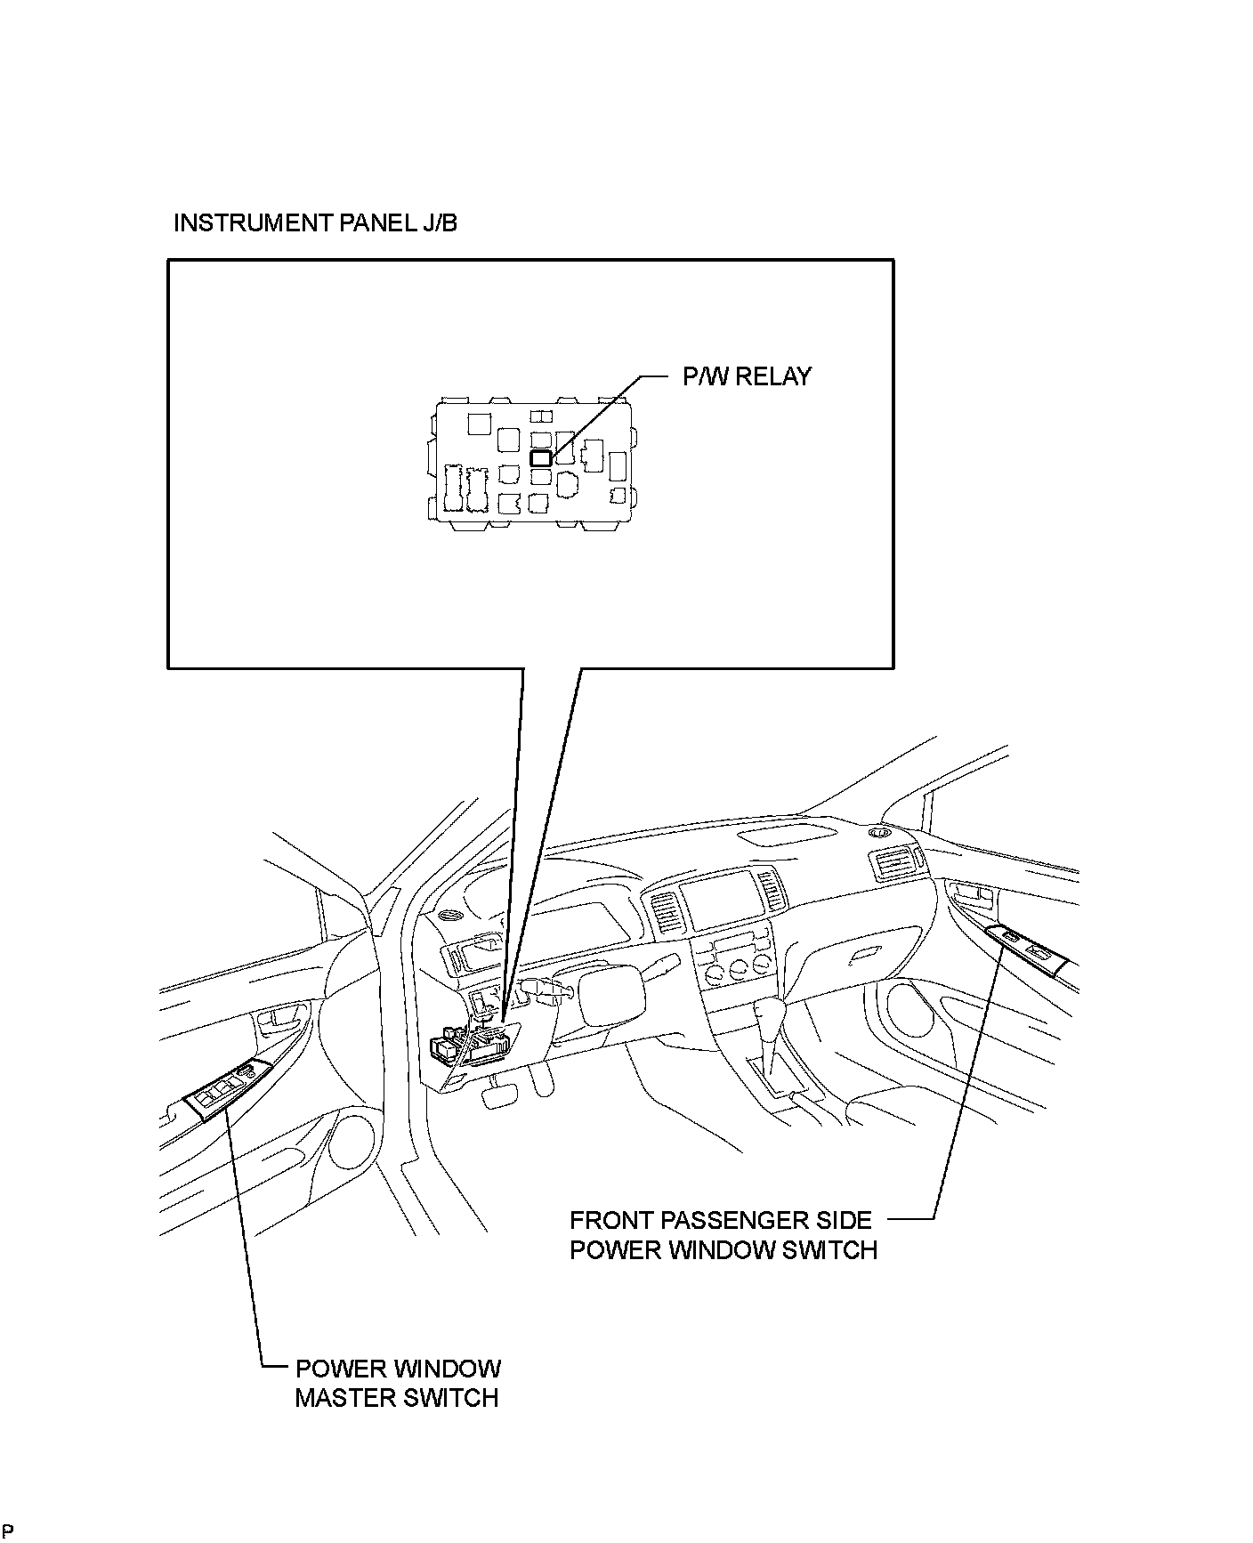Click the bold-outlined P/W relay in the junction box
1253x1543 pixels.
pyautogui.click(x=540, y=457)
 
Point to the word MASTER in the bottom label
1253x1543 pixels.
pyautogui.click(x=345, y=1397)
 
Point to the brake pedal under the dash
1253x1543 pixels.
pyautogui.click(x=494, y=1096)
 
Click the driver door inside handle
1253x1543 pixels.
pyautogui.click(x=283, y=1016)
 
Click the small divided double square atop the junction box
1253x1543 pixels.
pyautogui.click(x=540, y=416)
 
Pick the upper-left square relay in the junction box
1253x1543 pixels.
pyautogui.click(x=479, y=422)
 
